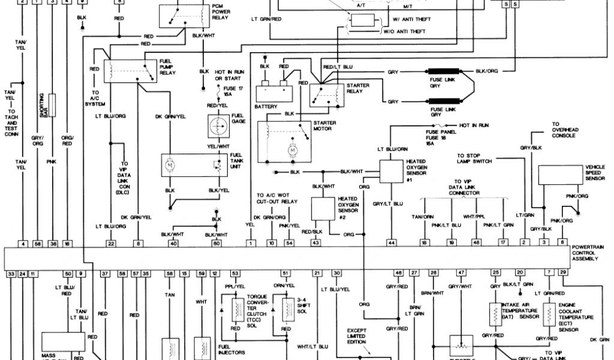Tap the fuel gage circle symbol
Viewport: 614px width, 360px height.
(216, 126)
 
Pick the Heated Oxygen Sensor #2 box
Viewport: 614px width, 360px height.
(324, 208)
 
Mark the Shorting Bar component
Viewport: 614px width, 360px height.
(53, 105)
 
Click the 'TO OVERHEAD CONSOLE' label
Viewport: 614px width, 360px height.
(564, 130)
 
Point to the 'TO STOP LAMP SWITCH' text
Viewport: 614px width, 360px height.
(474, 157)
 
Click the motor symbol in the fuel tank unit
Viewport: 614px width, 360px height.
(170, 164)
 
